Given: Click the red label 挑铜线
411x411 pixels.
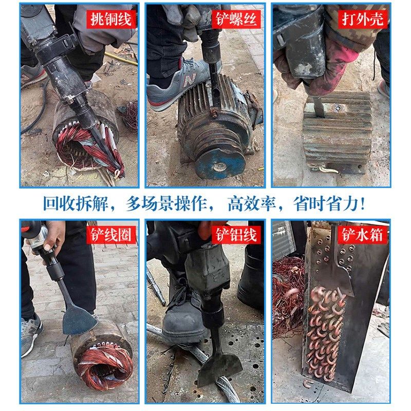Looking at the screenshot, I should [x=111, y=20].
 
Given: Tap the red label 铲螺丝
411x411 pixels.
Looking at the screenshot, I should [x=236, y=20].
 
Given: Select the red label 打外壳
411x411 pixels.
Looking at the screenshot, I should [x=364, y=20].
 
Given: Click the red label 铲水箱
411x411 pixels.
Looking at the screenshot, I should [x=364, y=235].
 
